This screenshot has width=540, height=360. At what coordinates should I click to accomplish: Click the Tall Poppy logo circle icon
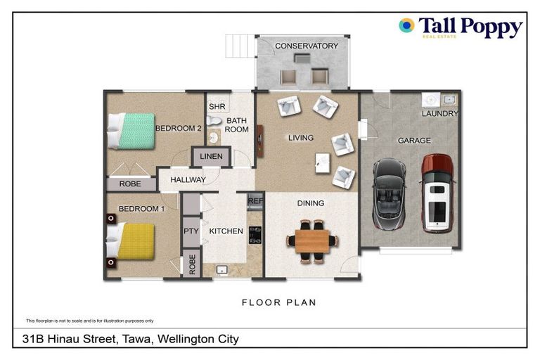(x=406, y=26)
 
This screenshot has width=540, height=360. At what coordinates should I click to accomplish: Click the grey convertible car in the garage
(x=388, y=195)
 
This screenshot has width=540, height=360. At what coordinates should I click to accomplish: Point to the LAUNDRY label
(x=440, y=113)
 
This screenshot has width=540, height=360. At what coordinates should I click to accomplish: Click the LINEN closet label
(x=211, y=156)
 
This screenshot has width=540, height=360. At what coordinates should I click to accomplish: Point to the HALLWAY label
(x=188, y=180)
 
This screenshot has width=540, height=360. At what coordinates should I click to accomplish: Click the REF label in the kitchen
(x=255, y=202)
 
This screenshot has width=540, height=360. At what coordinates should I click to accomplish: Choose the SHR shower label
(x=217, y=107)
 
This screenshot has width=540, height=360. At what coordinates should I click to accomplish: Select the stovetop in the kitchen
(x=255, y=234)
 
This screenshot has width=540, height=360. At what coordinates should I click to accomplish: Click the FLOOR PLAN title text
(x=279, y=303)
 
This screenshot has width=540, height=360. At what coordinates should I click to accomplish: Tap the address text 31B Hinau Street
(x=131, y=339)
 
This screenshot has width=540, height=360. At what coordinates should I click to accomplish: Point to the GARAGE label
(x=414, y=141)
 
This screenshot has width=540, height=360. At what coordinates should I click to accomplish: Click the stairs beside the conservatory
(x=238, y=46)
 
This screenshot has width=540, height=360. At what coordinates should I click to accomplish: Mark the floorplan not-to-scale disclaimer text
(x=89, y=320)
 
